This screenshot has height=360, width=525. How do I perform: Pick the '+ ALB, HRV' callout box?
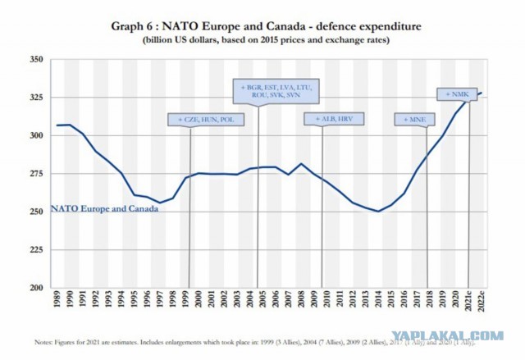point(333,119)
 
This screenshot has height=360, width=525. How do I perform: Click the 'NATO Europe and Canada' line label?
point(104,208)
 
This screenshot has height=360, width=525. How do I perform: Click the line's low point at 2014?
point(379,211)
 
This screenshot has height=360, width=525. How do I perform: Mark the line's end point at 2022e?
point(482,93)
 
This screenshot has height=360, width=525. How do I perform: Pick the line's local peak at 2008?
point(302,164)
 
